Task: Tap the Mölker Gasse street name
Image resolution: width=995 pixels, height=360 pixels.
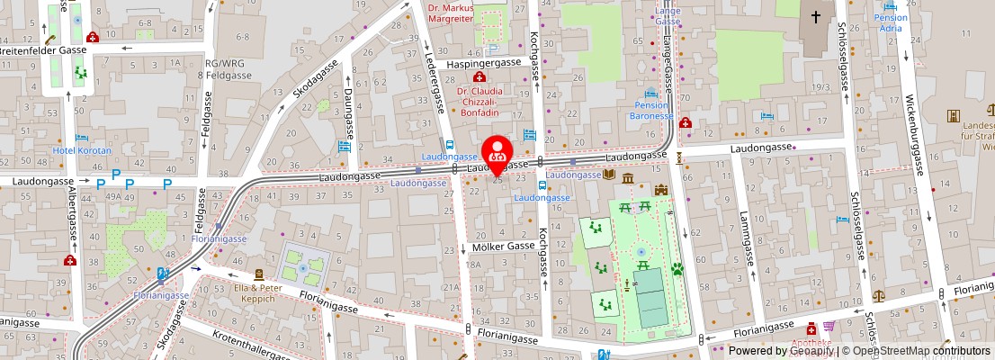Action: click(x=504, y=247)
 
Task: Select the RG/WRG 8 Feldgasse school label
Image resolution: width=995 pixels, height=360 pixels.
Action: click(x=229, y=69)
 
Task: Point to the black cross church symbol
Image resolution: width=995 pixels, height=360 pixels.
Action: click(x=816, y=16)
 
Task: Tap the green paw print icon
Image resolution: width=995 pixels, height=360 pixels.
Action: click(x=676, y=268)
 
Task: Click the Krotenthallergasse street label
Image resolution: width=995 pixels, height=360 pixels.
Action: click(x=252, y=346)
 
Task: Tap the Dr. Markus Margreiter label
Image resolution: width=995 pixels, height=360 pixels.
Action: click(x=451, y=12)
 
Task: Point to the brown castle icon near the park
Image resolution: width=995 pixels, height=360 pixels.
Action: click(x=661, y=190)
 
